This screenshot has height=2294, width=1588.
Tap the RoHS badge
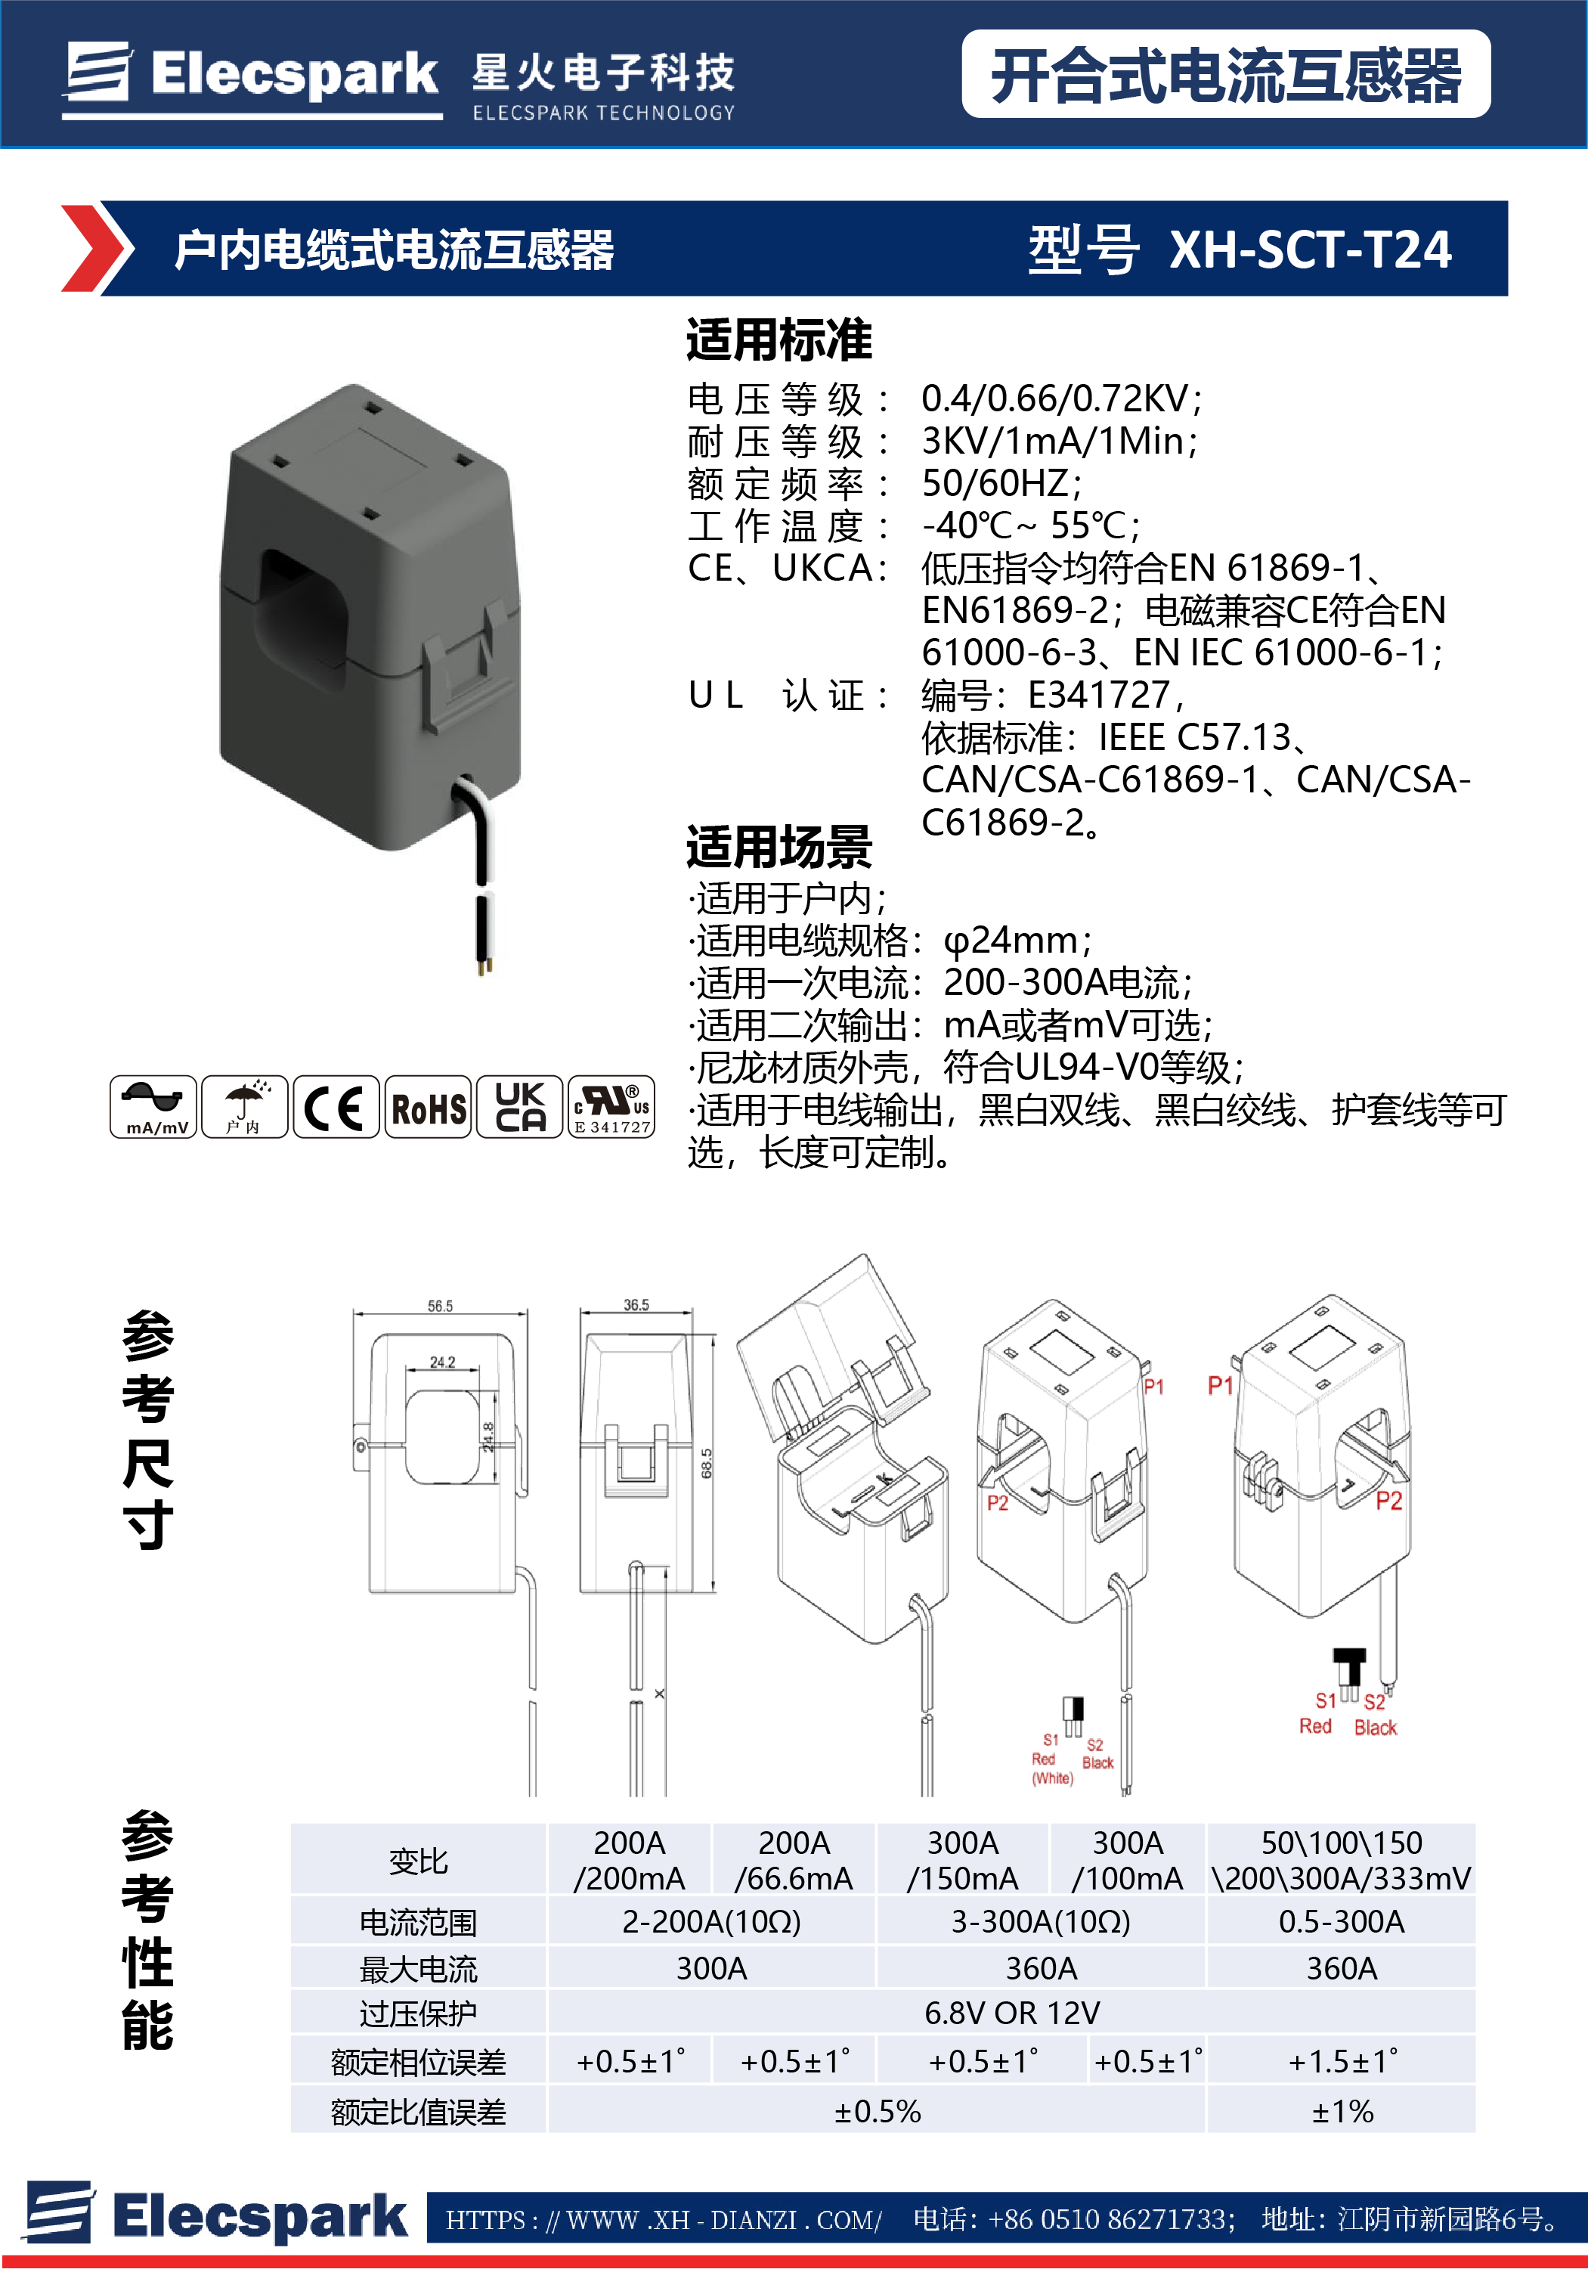(428, 1107)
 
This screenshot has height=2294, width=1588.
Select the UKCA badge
(519, 1107)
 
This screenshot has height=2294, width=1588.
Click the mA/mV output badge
(153, 1107)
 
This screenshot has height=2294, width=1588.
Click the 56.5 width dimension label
(440, 1306)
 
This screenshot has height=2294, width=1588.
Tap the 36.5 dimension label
(636, 1305)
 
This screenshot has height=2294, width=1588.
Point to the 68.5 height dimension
(707, 1463)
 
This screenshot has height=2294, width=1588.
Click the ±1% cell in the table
(1342, 2111)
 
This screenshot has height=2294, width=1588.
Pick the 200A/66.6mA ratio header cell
(793, 1860)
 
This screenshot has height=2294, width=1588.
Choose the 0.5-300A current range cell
(1342, 1920)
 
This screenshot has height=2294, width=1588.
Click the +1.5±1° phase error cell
(1342, 2061)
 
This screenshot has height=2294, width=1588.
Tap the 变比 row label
(418, 1860)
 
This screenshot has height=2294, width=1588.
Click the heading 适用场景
(779, 847)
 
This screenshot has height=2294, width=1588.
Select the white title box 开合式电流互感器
(1225, 75)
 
